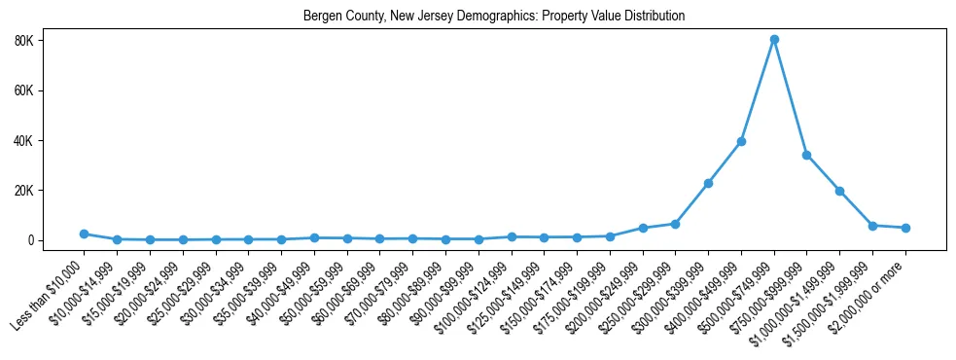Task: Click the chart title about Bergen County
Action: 494,17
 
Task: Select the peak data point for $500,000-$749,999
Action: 774,40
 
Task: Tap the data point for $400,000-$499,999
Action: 741,141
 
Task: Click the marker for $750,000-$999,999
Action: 807,155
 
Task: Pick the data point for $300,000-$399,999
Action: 708,183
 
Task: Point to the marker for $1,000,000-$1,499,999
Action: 839,191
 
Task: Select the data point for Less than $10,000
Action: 85,234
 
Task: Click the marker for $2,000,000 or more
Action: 905,228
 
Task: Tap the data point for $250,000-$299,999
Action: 676,224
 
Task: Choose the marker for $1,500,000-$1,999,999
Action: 872,226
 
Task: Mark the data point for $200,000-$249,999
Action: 643,228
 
